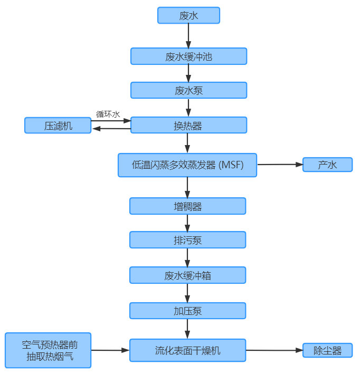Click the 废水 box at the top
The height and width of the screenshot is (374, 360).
tap(188, 15)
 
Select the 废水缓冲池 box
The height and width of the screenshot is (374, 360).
tap(188, 56)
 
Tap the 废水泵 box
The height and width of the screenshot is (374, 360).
tap(188, 90)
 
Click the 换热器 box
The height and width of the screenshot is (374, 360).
tap(188, 125)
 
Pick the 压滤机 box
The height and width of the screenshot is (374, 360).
tap(58, 126)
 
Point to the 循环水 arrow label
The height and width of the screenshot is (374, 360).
tap(108, 113)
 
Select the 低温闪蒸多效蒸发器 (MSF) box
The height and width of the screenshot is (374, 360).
tap(187, 165)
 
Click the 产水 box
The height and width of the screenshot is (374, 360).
tap(327, 165)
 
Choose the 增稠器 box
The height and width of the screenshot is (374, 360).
tap(188, 206)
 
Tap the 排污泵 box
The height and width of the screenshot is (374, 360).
tap(188, 240)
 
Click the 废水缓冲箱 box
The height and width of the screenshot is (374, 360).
tap(188, 275)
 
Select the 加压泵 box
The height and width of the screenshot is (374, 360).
tap(188, 311)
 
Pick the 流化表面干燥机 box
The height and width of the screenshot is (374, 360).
tap(188, 350)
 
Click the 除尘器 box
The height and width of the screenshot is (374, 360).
tap(327, 350)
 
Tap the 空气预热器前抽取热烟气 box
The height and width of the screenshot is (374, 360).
tap(48, 350)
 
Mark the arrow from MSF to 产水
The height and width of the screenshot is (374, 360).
tap(280, 165)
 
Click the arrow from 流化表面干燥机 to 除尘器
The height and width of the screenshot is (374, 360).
tap(274, 350)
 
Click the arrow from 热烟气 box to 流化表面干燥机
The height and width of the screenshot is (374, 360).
tap(110, 350)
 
